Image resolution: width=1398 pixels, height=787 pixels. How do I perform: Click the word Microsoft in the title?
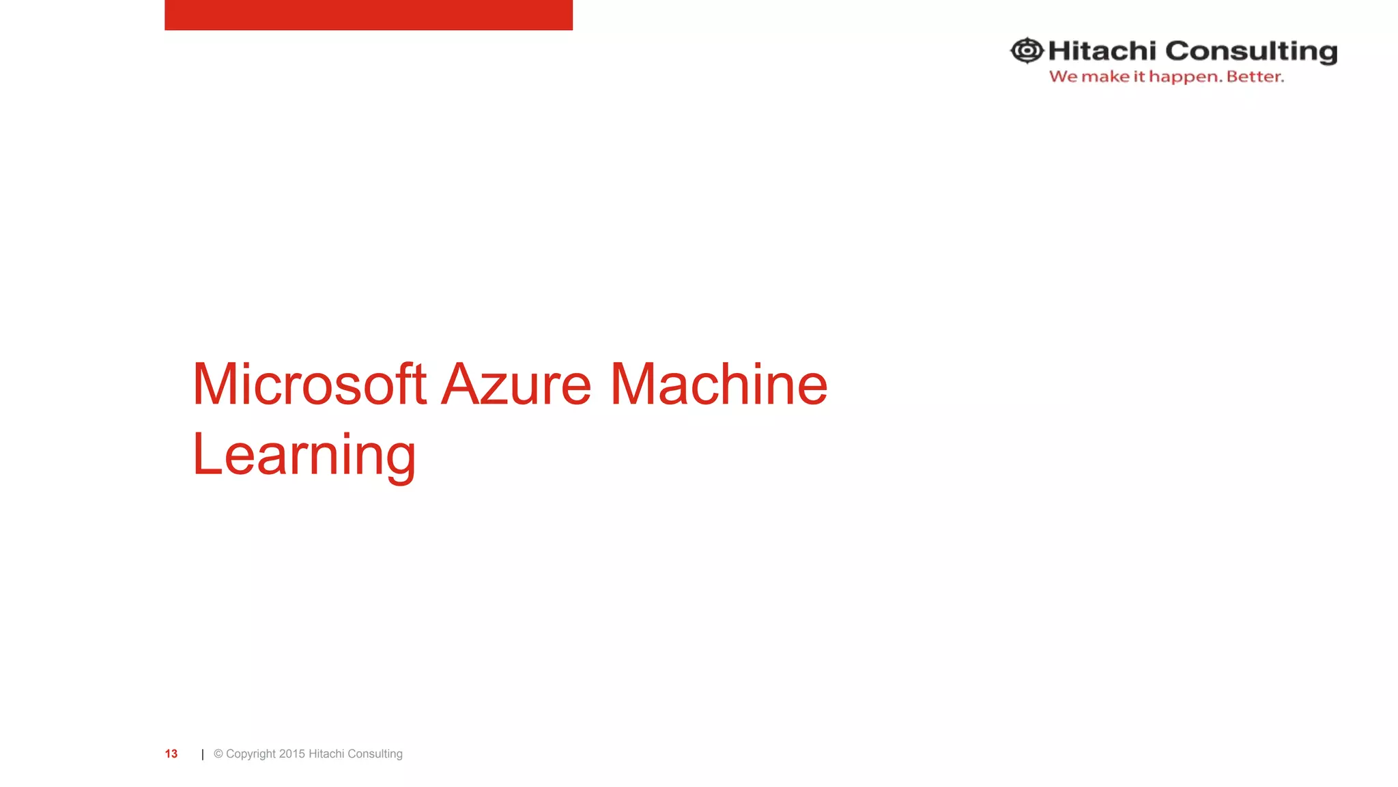[309, 384]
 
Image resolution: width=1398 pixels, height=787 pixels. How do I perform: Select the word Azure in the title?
[516, 384]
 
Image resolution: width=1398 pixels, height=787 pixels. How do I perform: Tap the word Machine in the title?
[718, 384]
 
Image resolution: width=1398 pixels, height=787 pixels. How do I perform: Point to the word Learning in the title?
[304, 455]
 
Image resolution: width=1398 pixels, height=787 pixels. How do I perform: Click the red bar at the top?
[369, 14]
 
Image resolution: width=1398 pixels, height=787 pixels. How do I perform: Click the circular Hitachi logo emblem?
[1027, 51]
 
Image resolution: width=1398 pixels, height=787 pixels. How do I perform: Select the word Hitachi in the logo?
[1102, 51]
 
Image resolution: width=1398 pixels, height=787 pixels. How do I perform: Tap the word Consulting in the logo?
[1251, 51]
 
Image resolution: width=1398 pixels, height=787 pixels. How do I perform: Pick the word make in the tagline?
[1105, 77]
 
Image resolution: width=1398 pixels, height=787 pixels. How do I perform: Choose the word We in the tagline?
[1063, 77]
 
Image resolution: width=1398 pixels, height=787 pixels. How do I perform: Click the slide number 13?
[171, 754]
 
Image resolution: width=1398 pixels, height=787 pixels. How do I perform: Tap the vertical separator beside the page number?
[203, 754]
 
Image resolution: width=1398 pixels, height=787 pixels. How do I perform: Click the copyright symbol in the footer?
[218, 754]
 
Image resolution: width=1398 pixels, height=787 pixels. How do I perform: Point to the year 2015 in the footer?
[292, 754]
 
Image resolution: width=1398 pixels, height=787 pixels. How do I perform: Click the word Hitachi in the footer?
[326, 754]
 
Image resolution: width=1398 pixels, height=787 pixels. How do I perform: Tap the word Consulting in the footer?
[375, 754]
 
